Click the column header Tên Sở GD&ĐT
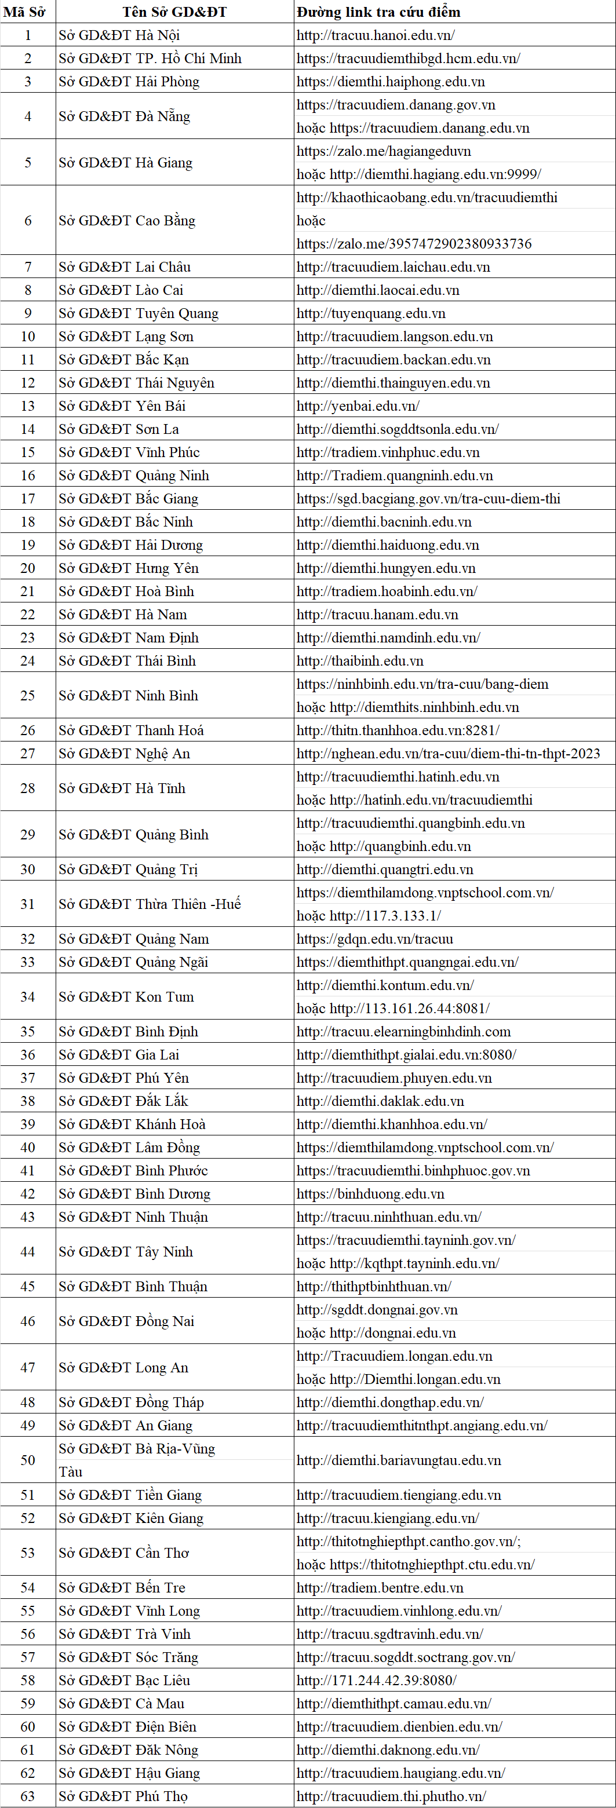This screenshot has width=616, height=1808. [174, 12]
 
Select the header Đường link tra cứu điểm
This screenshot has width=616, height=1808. [378, 12]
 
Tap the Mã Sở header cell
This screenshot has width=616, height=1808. [27, 12]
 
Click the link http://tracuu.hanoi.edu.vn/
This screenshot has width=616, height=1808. [376, 35]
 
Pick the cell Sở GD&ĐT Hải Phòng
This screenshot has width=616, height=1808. [129, 82]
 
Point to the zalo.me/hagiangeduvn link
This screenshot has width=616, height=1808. [384, 151]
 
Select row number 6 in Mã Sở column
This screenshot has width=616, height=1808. [27, 220]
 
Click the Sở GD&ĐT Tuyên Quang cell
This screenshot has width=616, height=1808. [138, 313]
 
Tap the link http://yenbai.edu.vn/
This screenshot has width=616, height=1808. [358, 406]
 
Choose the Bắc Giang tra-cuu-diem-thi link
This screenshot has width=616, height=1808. [428, 498]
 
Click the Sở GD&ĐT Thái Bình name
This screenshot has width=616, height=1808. [127, 660]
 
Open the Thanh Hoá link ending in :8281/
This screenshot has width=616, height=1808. [398, 730]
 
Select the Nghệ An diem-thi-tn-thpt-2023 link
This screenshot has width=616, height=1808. [448, 753]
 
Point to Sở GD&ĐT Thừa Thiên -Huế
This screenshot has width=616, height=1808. [150, 904]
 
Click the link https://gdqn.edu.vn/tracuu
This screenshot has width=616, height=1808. [375, 938]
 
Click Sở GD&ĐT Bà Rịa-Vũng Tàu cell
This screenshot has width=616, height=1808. [137, 1460]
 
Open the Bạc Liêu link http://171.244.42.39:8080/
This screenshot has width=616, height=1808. [377, 1680]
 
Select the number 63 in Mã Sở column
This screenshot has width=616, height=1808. [27, 1796]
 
